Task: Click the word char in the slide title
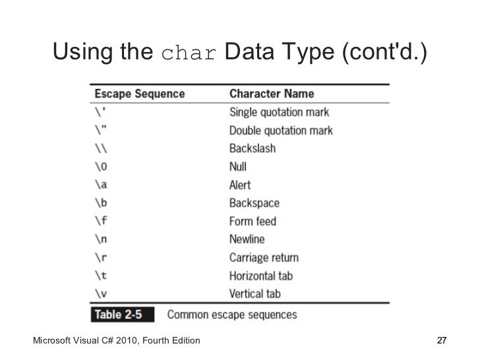click(x=189, y=52)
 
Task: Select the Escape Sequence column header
click(x=138, y=94)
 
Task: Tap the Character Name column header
click(x=271, y=94)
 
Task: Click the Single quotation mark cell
click(x=279, y=112)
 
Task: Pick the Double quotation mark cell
click(x=281, y=131)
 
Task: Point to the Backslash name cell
click(x=253, y=148)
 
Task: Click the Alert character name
click(x=240, y=185)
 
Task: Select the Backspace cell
click(x=255, y=203)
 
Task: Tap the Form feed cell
click(x=253, y=222)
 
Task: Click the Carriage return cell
click(x=264, y=258)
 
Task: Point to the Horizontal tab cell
click(x=261, y=276)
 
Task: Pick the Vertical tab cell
click(x=255, y=294)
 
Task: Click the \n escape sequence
click(x=100, y=239)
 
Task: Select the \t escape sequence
click(x=100, y=276)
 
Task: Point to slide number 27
click(x=443, y=340)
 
